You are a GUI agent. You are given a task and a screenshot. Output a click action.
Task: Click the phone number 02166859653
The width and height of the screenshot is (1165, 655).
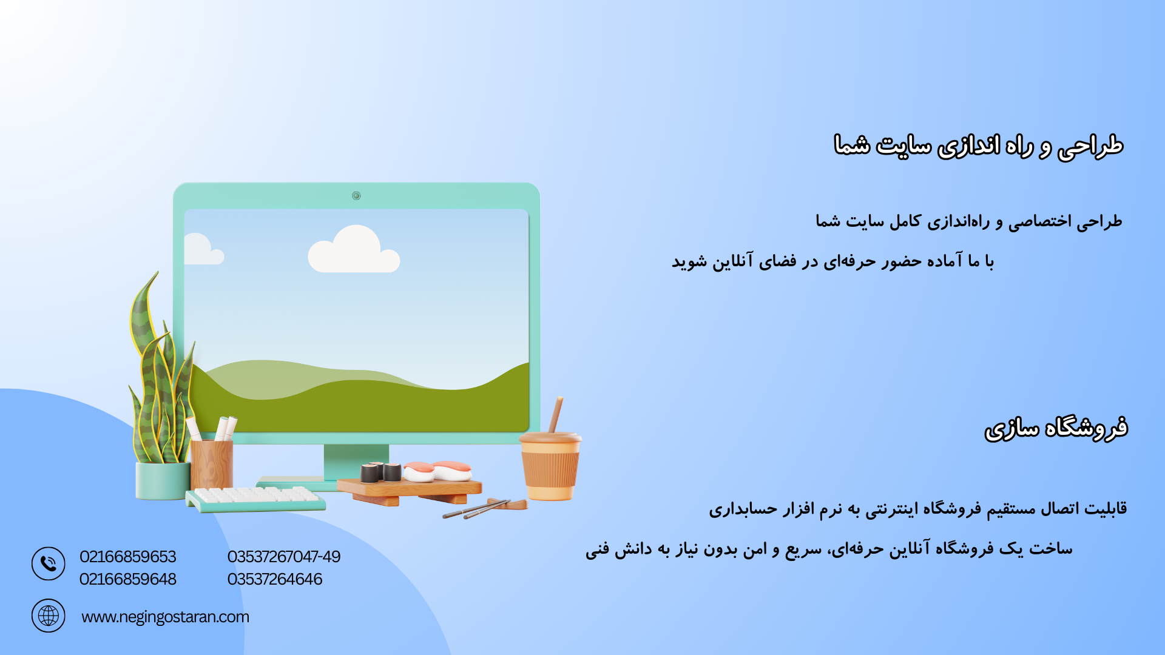127,556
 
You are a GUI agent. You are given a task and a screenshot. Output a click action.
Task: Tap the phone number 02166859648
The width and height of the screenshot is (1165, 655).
127,579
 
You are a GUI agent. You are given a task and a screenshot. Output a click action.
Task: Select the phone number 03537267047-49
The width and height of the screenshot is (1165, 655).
284,556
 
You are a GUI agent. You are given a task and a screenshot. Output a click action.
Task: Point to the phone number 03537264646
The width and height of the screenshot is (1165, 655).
275,579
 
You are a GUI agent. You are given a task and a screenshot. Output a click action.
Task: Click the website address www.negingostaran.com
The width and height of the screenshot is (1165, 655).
165,617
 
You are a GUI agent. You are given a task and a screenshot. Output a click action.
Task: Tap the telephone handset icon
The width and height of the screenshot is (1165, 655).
49,564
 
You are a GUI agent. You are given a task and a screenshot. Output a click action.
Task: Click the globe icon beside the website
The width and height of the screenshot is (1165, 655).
49,616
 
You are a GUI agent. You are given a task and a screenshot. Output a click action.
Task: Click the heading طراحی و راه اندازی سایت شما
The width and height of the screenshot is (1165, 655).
978,146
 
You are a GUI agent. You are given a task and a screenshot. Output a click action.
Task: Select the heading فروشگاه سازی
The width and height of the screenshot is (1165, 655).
1056,428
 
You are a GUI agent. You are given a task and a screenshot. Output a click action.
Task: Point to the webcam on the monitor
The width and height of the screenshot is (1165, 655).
356,195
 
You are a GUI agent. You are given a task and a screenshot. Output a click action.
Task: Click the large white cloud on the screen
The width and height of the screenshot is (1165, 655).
354,250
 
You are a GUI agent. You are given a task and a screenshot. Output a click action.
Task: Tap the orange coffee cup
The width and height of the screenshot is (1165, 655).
550,466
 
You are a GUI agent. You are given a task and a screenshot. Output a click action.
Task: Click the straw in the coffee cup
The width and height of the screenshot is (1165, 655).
556,415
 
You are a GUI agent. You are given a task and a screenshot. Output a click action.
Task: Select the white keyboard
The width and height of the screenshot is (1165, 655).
255,499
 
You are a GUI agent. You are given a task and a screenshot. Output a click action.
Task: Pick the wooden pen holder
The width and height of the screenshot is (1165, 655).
211,465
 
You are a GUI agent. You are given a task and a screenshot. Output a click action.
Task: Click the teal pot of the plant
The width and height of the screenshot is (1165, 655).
163,481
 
